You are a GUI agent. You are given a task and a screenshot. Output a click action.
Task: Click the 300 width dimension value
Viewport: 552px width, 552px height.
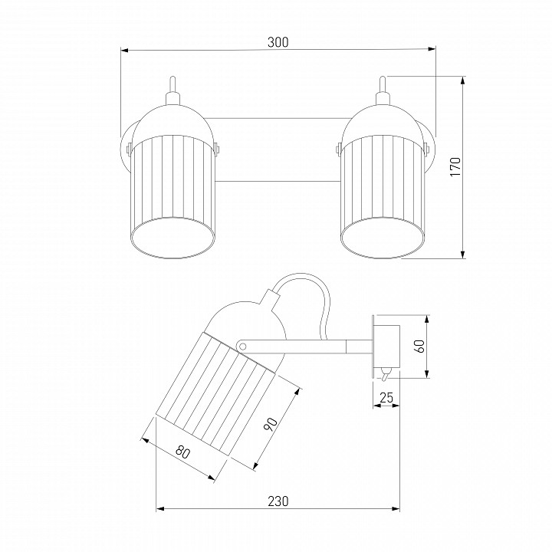point(278,42)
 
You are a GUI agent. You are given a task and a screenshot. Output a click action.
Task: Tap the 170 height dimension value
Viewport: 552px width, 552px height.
point(455,167)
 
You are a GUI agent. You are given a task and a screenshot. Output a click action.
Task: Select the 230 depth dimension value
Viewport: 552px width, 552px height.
point(278,501)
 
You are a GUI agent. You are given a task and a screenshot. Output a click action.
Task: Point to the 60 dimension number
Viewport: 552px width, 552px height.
point(420,346)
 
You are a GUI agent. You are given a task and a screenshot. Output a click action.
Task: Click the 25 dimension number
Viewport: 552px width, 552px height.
point(386,397)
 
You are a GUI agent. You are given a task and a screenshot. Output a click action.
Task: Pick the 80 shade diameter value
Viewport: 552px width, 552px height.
point(182,452)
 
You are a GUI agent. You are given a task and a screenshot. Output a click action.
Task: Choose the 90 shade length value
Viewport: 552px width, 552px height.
point(271,425)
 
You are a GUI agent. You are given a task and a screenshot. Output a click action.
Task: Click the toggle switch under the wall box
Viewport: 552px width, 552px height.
point(386,374)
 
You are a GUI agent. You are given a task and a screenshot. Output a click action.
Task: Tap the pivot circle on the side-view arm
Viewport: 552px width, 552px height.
point(242,346)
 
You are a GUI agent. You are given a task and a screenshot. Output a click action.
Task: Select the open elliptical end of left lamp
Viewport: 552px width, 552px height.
point(172,238)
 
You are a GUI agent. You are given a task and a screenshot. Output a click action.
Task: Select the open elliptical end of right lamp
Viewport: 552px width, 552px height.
point(383,238)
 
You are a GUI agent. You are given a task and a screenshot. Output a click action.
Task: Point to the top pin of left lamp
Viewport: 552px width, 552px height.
point(172,84)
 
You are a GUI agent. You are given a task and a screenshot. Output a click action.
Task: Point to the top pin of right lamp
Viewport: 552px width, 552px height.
point(383,84)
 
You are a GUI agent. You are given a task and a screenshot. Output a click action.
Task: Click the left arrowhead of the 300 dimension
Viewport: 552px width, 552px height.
point(125,51)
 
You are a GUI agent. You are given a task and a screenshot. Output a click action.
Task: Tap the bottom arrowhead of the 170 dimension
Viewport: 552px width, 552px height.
point(463,255)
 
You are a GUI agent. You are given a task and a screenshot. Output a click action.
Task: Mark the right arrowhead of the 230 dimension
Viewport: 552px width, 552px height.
point(396,508)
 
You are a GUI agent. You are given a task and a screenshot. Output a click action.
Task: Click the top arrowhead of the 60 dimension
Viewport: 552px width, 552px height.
point(427,319)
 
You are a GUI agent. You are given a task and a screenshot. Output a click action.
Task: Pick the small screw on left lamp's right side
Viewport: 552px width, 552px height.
point(216,148)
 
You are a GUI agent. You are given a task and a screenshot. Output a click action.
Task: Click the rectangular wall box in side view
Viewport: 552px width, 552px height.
point(387,346)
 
